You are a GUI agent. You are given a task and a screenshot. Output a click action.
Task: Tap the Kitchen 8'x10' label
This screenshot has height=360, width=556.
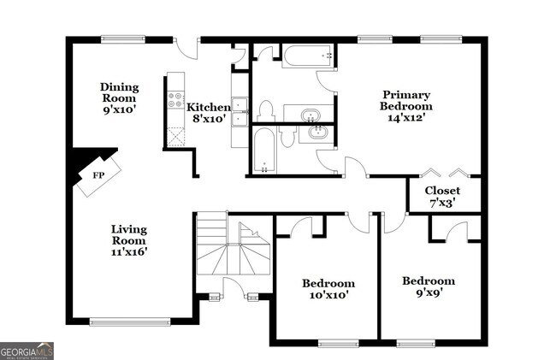208,112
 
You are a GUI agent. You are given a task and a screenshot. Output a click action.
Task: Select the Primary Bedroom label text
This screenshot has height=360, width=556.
406,106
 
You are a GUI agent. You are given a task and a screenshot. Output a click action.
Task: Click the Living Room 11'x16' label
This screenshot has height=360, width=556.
129,240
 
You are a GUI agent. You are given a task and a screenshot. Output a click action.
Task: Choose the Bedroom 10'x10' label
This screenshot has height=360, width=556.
328,289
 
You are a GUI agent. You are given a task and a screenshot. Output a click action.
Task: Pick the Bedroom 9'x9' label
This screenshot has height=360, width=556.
429,286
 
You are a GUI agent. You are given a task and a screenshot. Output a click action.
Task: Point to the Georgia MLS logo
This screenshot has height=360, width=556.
27,351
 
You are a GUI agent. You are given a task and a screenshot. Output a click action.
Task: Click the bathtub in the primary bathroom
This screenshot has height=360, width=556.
306,56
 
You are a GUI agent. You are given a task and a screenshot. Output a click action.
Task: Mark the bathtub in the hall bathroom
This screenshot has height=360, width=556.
265,151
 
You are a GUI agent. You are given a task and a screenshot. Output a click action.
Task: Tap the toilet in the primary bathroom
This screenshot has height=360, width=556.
265,109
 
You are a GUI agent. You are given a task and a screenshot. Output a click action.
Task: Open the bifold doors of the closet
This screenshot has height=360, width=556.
444,171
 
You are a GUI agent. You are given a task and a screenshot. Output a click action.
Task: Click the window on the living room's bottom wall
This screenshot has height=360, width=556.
119,322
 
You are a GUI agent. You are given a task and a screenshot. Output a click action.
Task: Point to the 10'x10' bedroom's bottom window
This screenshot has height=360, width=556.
339,344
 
